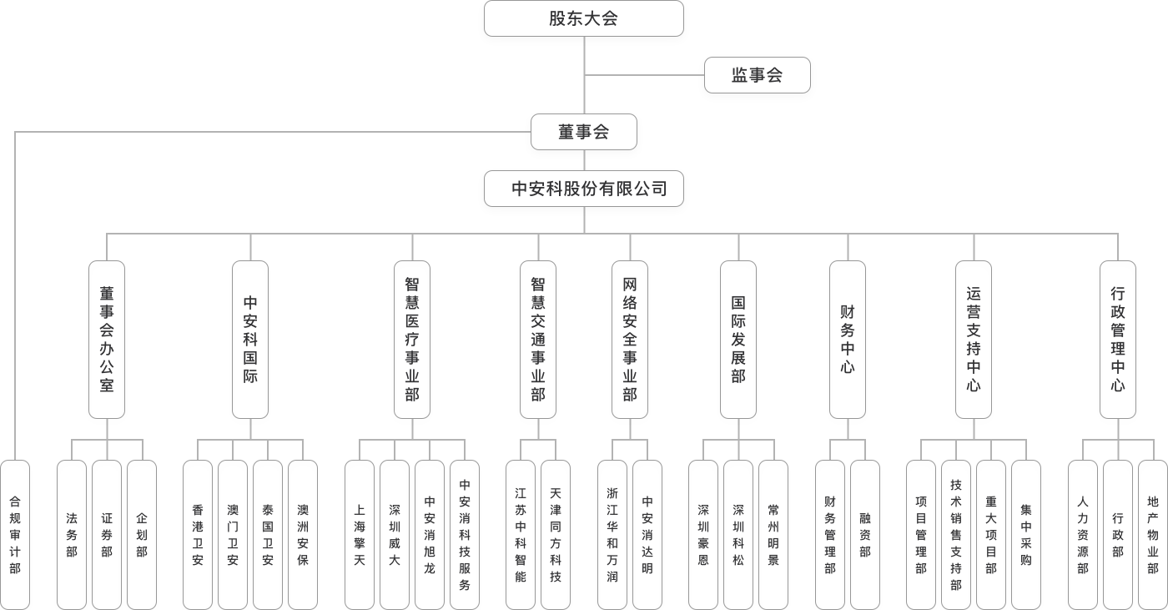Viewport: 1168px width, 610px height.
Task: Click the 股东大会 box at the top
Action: (x=583, y=18)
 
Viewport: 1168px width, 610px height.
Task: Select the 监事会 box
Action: (x=757, y=75)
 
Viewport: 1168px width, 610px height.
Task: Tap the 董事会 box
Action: (x=584, y=132)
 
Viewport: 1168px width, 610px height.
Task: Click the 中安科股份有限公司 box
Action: (x=584, y=189)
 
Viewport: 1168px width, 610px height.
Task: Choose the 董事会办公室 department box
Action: (x=107, y=340)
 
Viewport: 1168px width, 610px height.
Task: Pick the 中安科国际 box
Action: (x=250, y=340)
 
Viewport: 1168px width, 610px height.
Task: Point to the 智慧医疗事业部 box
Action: (x=412, y=340)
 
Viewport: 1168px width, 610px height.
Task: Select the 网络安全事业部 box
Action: (x=630, y=340)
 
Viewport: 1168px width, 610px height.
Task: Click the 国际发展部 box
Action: (x=738, y=340)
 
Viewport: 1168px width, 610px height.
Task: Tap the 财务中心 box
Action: (x=848, y=340)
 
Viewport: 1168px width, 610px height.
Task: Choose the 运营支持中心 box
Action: (x=974, y=340)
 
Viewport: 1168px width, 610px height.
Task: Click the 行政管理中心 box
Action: (x=1118, y=340)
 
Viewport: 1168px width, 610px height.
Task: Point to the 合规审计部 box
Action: (x=15, y=534)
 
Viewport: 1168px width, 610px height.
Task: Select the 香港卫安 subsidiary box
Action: (x=198, y=534)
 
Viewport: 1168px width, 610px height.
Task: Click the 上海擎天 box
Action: (x=360, y=534)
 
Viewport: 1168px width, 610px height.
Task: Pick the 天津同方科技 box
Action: (x=556, y=534)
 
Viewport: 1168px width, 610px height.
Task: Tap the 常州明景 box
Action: (x=773, y=534)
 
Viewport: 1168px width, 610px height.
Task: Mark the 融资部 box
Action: (x=865, y=534)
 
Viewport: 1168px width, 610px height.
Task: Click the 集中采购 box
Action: (x=1026, y=534)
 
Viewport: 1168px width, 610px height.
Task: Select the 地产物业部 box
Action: (x=1153, y=534)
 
